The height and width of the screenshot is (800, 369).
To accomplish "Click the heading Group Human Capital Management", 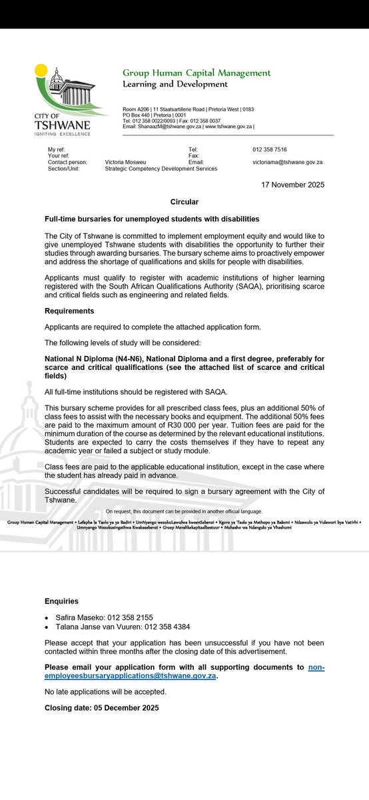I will click(196, 73).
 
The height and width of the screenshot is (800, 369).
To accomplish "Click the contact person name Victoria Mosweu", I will click(129, 162).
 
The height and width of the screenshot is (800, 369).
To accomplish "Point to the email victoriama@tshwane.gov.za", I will click(288, 162).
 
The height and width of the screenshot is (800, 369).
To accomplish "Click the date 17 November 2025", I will click(294, 185).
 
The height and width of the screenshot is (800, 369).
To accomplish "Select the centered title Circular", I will click(184, 201).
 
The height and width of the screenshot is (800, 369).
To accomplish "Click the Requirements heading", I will click(69, 311).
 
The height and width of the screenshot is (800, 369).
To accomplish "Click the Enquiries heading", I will click(61, 601).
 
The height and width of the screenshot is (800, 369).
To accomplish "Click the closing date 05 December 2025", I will click(125, 708).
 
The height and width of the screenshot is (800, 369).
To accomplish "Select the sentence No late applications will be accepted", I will click(105, 692).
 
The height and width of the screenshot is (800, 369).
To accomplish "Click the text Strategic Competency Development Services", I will click(161, 169).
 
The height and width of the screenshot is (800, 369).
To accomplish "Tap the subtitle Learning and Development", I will click(175, 84).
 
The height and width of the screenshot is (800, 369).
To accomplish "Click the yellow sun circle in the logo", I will click(41, 69).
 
